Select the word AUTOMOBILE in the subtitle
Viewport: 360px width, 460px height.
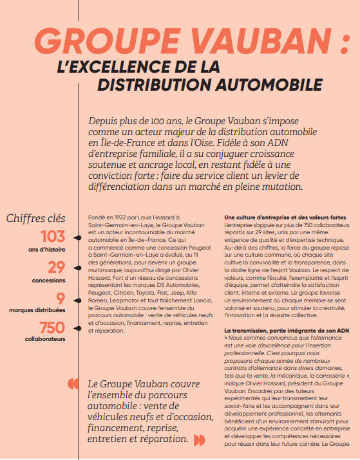click(x=266, y=84)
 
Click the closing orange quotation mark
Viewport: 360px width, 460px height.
click(x=200, y=440)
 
